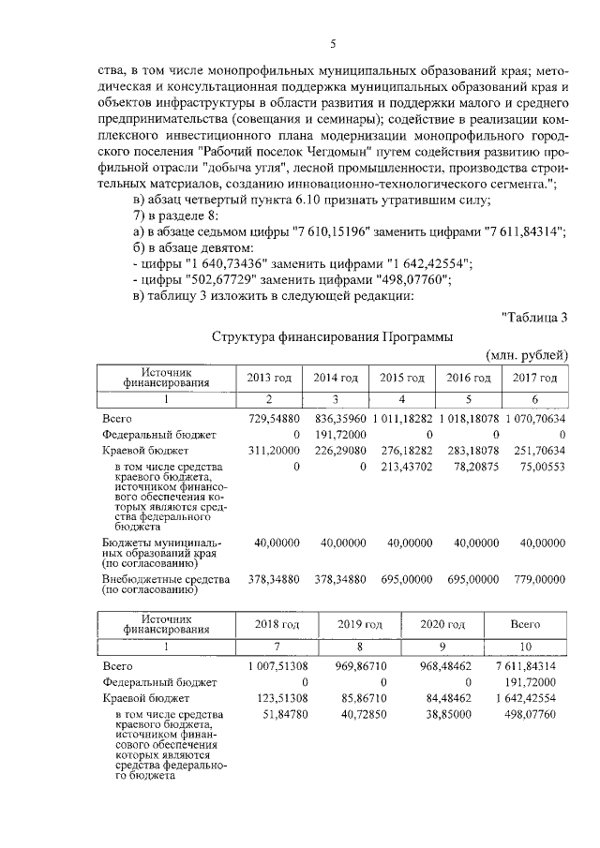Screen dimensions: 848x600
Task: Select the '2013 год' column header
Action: (x=269, y=377)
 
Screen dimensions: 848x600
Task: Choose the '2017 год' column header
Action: (x=536, y=377)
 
